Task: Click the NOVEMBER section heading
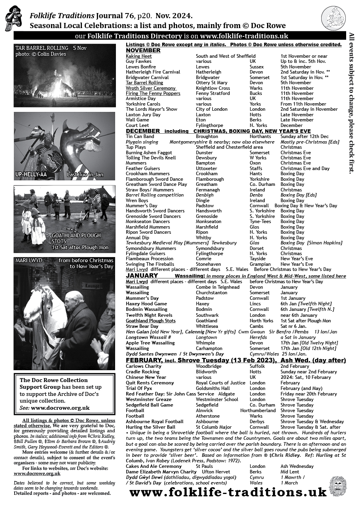(143, 51)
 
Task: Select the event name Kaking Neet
(139, 56)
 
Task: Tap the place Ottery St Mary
(212, 83)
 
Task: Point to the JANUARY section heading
(142, 276)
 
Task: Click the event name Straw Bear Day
(142, 326)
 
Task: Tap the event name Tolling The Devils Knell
(151, 158)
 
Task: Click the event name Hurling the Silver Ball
(150, 427)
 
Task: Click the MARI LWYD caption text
(28, 261)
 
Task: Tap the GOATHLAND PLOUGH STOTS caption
(76, 238)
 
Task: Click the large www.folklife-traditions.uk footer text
(228, 492)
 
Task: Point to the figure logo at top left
(13, 18)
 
